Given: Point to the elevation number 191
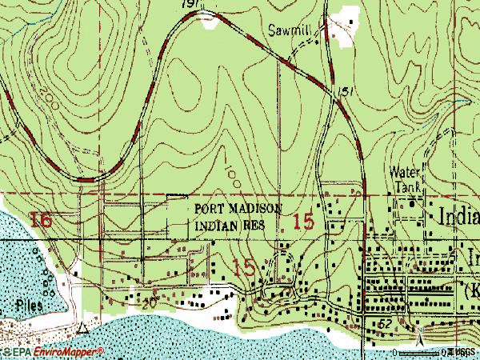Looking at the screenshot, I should click(211, 6).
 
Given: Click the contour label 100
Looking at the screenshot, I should click(230, 170).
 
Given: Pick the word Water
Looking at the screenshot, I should click(403, 171).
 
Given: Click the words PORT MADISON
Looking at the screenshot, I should click(238, 209).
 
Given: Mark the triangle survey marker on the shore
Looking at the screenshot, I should click(83, 327).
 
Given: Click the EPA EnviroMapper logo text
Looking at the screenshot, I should click(53, 352).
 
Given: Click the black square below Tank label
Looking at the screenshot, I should click(413, 203).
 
